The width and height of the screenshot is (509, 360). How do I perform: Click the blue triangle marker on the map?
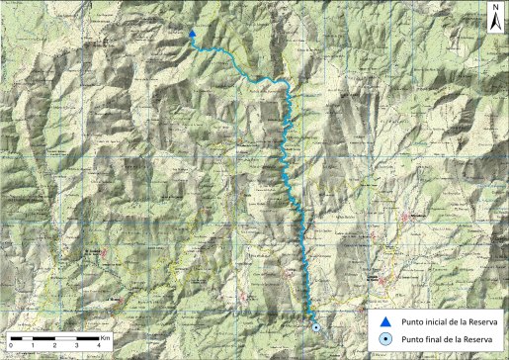click(191, 36)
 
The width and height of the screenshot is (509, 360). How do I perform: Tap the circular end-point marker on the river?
click(315, 326)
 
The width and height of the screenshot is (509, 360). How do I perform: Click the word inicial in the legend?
click(434, 322)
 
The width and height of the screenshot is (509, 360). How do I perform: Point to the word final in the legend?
click(431, 340)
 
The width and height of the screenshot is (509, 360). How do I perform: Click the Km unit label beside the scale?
click(105, 338)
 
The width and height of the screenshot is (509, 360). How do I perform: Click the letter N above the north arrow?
click(493, 7)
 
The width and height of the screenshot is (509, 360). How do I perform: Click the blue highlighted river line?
click(287, 148)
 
